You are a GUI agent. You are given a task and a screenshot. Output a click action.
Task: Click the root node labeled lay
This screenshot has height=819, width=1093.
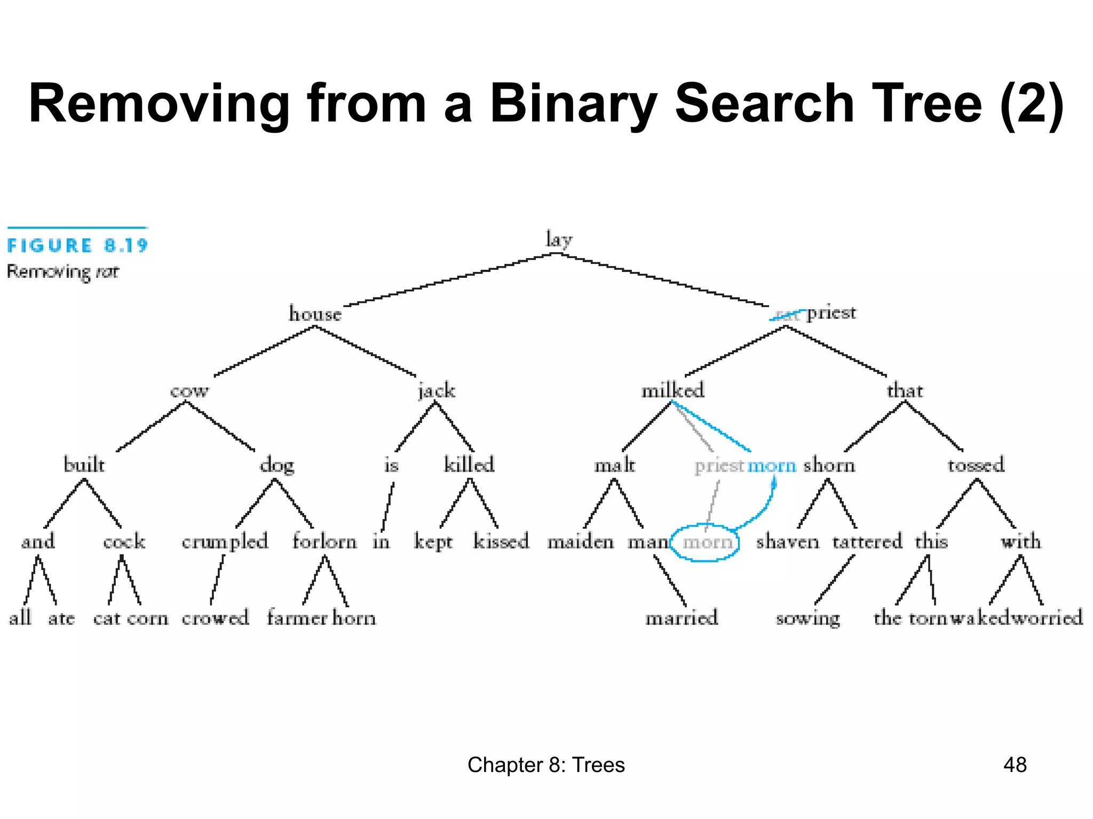[x=558, y=239]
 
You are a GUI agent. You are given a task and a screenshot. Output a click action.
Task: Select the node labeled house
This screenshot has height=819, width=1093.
[x=315, y=314]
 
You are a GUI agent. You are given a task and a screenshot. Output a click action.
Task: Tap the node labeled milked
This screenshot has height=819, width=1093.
[x=672, y=390]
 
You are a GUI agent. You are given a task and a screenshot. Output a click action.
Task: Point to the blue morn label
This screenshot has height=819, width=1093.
[x=772, y=465]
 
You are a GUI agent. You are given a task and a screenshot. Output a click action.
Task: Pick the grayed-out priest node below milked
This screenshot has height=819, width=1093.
[x=719, y=465]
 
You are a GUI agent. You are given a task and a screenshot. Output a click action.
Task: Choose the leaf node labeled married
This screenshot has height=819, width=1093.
[x=682, y=618]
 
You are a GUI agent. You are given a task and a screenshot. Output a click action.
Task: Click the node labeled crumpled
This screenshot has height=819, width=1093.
[x=225, y=542]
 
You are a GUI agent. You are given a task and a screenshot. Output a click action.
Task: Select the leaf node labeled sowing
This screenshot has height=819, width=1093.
[x=807, y=619]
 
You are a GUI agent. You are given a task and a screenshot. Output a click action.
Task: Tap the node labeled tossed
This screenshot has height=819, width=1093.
[x=976, y=465]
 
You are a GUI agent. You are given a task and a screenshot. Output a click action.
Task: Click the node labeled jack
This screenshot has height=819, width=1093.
[x=437, y=391]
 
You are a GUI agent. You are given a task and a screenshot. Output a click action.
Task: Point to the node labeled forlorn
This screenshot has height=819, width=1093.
[x=324, y=541]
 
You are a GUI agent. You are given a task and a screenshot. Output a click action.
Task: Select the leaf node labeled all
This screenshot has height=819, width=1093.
[x=20, y=618]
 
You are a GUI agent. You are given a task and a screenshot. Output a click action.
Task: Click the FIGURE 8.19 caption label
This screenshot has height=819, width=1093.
[x=77, y=246]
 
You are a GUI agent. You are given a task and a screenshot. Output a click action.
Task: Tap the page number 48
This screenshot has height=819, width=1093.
[x=1015, y=765]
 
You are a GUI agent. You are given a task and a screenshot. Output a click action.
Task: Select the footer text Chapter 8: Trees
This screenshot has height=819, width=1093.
[x=546, y=765]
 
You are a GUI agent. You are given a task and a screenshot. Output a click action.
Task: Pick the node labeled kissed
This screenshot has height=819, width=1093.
[x=501, y=541]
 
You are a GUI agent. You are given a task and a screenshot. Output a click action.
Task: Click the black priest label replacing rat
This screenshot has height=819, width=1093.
[x=831, y=313]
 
